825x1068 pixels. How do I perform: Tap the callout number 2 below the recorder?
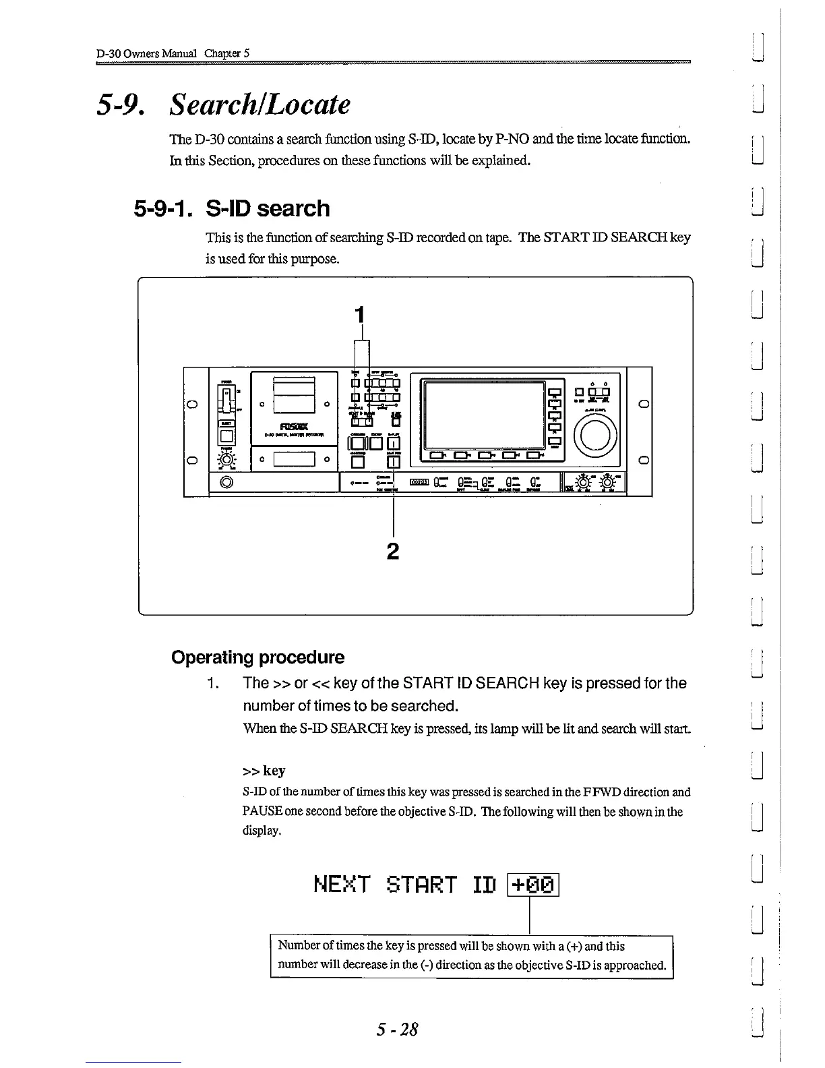click(393, 552)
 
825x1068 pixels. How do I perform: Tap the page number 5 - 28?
click(398, 1030)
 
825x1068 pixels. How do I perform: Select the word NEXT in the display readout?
click(342, 884)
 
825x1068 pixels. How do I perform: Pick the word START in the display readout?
click(423, 884)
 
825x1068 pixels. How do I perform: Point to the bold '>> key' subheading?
click(264, 771)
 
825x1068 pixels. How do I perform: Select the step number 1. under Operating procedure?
click(213, 684)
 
